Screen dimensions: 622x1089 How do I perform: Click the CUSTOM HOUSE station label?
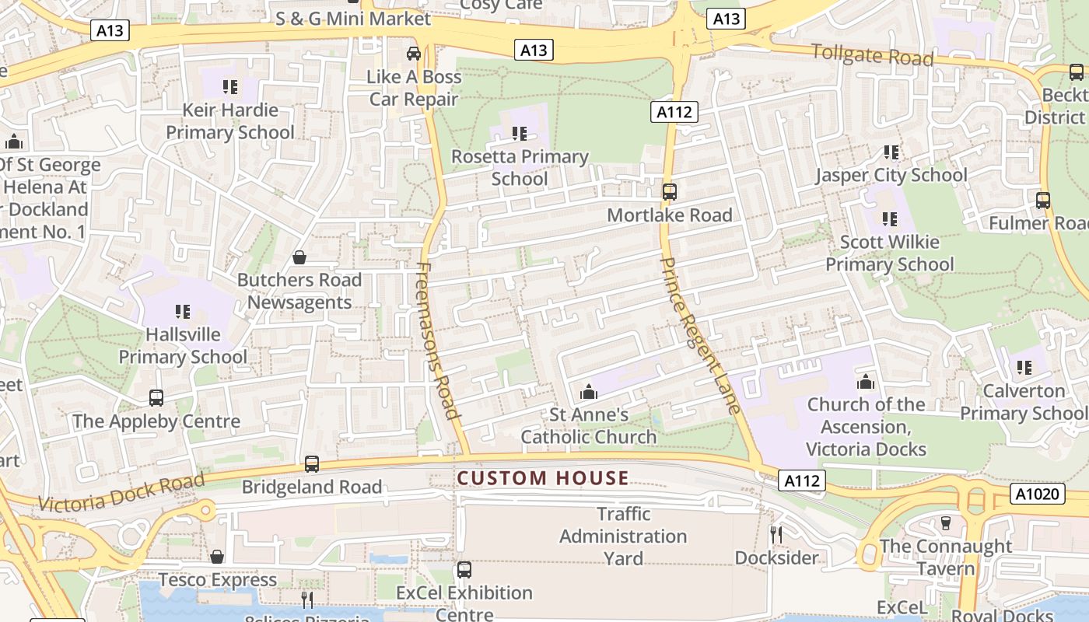pos(542,477)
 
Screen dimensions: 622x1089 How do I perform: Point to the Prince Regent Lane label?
pos(699,335)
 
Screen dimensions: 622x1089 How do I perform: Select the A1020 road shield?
pos(1038,494)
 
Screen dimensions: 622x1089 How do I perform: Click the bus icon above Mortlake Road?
pos(669,191)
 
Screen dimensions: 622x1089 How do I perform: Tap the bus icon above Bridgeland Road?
pos(312,464)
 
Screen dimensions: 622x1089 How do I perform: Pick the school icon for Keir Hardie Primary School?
pos(229,86)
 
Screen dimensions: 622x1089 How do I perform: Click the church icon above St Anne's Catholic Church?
pos(589,391)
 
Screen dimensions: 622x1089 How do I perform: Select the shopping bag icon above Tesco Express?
pos(217,557)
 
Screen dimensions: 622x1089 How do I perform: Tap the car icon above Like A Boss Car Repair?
pos(414,54)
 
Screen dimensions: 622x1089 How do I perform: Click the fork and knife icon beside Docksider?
pos(776,534)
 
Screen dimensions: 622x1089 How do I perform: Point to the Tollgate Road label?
pos(871,55)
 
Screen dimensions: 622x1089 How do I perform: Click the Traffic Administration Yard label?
pos(623,536)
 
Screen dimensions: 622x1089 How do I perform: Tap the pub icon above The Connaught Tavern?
pos(946,523)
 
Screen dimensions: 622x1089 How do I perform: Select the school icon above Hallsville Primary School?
pos(183,312)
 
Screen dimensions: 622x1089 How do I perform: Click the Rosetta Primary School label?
pos(520,167)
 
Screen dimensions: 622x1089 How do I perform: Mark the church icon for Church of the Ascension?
pos(866,382)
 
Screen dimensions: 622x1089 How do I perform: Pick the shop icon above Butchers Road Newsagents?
pos(299,257)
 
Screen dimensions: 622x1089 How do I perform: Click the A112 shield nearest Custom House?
pos(801,480)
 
